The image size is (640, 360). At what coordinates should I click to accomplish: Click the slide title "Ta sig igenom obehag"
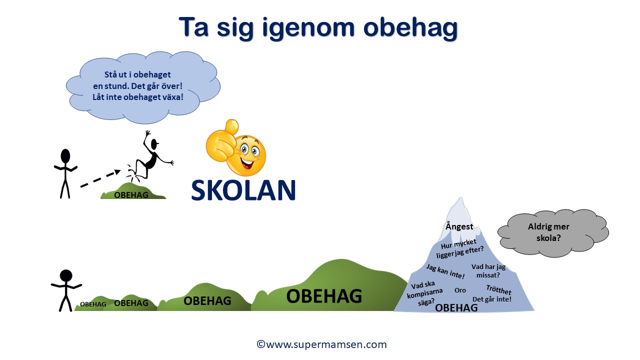click(318, 27)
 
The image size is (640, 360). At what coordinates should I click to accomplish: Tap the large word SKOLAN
click(243, 190)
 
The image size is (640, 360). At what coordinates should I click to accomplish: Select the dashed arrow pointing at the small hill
click(100, 178)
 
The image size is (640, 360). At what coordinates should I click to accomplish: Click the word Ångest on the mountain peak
click(459, 226)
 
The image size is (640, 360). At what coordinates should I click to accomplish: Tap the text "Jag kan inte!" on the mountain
click(445, 271)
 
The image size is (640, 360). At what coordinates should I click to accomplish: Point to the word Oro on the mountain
click(460, 290)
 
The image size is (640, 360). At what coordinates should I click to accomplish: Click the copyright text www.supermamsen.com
click(321, 344)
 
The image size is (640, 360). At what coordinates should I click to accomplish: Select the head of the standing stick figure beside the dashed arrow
click(65, 155)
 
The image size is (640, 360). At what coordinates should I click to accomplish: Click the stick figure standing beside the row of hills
click(66, 289)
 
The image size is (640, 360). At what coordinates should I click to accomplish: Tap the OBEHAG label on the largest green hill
click(324, 296)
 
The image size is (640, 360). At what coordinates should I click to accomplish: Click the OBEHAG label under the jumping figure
click(131, 195)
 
